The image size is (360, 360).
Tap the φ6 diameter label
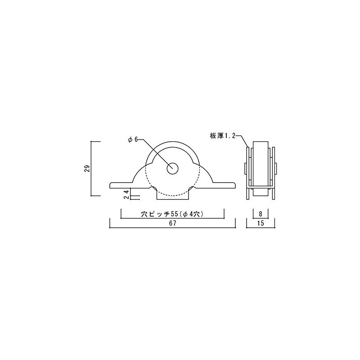[133, 140]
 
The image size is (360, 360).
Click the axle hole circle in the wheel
[173, 168]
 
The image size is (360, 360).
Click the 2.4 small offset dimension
[126, 194]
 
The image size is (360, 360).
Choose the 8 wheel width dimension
[261, 215]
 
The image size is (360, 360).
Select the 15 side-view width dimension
[261, 224]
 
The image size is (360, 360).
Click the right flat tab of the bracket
[225, 184]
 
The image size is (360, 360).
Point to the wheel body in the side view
[261, 164]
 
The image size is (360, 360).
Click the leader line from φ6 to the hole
[155, 153]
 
